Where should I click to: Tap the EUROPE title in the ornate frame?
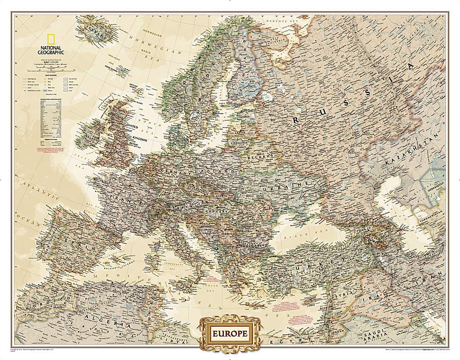click(230, 332)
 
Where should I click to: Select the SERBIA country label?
click(228, 232)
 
